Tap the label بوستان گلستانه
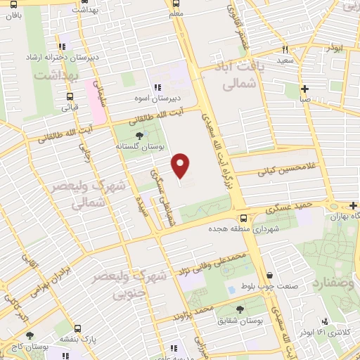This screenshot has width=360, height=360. coord(136,148)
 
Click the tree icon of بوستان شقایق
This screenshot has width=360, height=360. coord(240,309)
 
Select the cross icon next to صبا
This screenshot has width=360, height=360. coord(304,89)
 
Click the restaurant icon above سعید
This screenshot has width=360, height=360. coord(285,49)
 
